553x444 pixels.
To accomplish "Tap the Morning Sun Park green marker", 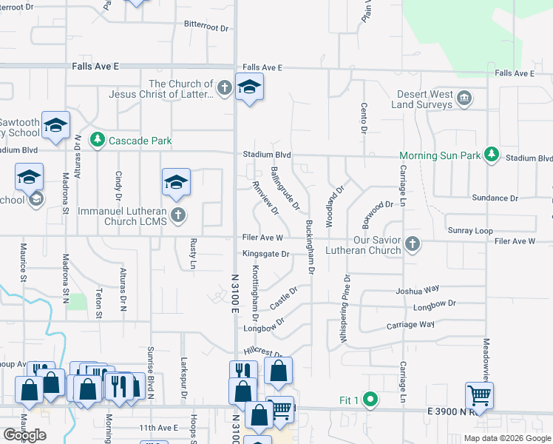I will [x=490, y=155].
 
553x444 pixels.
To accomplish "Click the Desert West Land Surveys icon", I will [x=464, y=98].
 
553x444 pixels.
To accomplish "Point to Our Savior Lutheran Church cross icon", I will [x=413, y=244].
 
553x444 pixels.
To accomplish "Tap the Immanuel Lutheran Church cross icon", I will [x=177, y=215].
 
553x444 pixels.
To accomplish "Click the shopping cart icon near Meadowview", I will [x=479, y=395].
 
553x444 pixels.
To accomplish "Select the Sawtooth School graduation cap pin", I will [x=55, y=124].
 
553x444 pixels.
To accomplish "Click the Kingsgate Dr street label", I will [x=264, y=254].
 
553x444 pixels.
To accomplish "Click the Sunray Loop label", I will [x=469, y=231].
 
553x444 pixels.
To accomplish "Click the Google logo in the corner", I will [x=24, y=435].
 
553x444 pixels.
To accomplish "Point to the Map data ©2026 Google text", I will [x=506, y=438].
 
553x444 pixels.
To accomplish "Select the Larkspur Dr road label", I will [x=185, y=375].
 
